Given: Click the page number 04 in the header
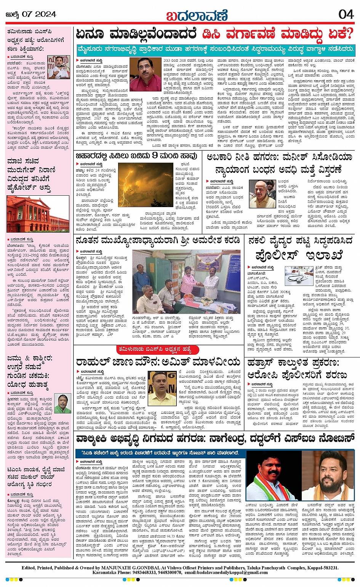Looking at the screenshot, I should point(346,14).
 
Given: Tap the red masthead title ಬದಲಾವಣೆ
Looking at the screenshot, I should point(196,15).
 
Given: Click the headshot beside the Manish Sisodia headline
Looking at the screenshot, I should point(262,194).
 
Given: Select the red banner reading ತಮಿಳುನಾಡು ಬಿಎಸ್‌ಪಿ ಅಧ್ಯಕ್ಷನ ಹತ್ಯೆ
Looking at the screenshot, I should point(159,349).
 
